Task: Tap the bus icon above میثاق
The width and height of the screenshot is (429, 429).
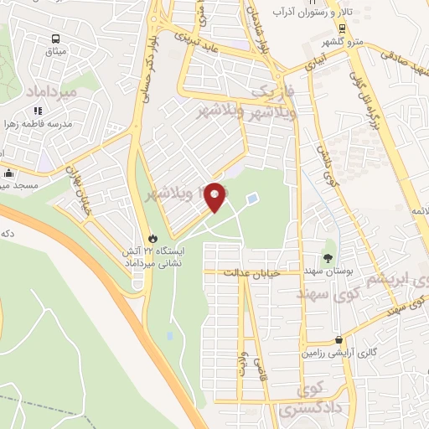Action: [55, 39]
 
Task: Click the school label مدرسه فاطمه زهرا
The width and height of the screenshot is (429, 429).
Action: [39, 124]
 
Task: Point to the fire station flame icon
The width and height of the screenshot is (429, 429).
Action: [151, 237]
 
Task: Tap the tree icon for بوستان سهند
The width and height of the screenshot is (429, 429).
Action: [328, 259]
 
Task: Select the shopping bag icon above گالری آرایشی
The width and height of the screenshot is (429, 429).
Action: [339, 340]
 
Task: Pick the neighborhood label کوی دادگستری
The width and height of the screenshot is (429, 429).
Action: [314, 399]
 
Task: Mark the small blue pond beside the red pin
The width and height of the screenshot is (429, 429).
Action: [253, 199]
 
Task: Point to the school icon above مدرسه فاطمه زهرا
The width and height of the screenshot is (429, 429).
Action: [38, 110]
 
